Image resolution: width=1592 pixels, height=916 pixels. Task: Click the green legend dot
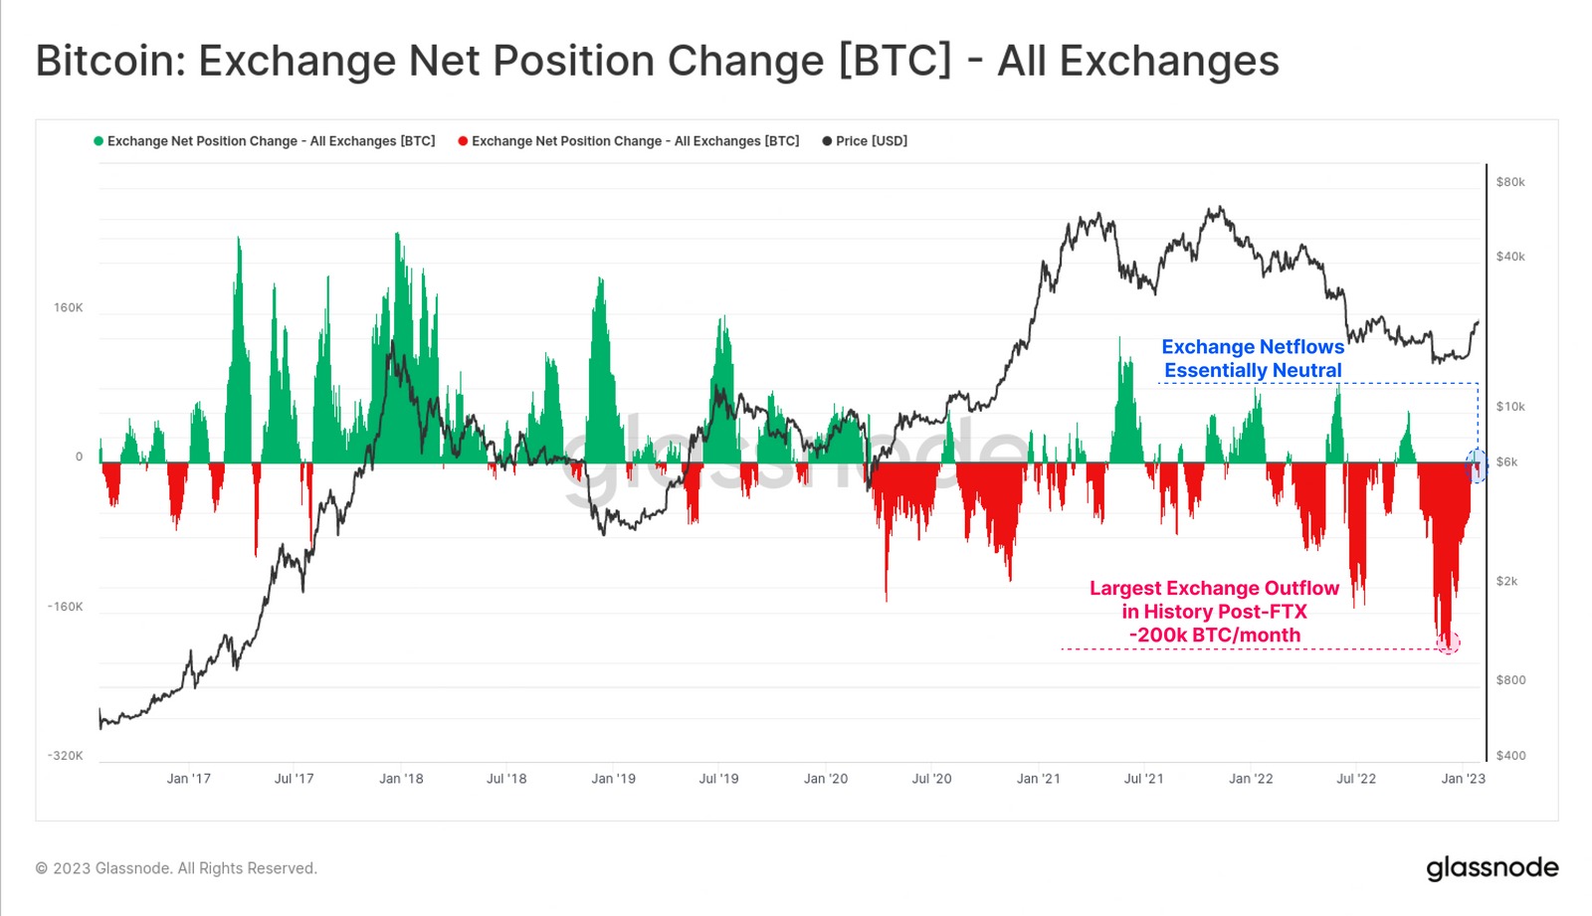99,141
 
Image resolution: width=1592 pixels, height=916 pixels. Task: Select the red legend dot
463,141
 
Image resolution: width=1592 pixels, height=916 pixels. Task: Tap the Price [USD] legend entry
871,141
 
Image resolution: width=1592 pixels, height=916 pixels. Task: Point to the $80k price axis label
1510,182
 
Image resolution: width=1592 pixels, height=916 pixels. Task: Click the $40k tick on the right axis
1510,257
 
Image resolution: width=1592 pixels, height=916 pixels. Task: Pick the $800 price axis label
1510,680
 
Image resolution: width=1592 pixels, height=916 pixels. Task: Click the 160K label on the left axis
69,308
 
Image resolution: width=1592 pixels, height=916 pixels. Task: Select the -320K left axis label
66,756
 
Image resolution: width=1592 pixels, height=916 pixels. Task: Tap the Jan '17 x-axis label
188,779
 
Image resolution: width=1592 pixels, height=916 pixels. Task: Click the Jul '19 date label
718,779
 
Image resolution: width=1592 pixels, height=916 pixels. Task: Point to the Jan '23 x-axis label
1463,779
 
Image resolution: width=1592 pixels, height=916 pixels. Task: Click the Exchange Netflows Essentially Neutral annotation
1253,359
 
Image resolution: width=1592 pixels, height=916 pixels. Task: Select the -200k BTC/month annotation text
1214,636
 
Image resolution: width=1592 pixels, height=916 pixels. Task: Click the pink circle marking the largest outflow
1449,642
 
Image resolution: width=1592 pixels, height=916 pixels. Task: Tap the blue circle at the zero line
1477,464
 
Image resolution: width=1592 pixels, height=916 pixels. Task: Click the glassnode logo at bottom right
1492,868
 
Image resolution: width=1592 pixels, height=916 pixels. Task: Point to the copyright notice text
176,868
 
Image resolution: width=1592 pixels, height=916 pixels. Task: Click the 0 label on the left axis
80,458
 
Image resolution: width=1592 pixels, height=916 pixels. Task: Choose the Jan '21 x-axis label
1038,779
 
